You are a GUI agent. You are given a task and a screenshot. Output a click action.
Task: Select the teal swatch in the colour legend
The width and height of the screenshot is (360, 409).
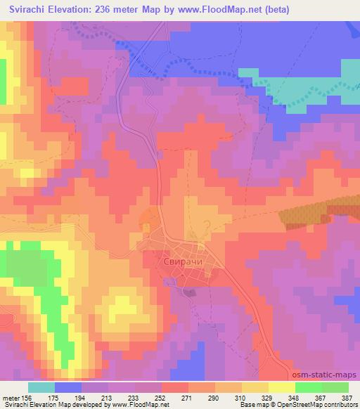pos(41,387)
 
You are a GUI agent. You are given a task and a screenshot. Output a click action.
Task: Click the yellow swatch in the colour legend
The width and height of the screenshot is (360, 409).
pos(282,387)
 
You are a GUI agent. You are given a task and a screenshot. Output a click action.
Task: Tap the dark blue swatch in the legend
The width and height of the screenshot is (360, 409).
pos(68,387)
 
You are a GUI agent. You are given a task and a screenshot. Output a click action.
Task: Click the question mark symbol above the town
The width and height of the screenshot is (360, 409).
pos(206,223)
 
